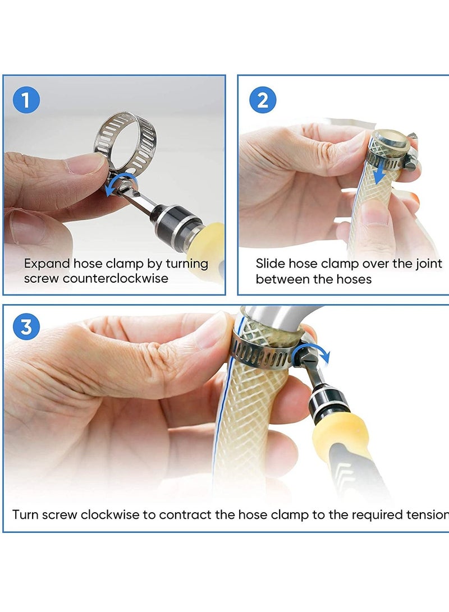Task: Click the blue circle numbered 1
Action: tap(26, 101)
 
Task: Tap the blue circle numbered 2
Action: tap(263, 101)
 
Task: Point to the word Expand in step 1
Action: tap(47, 264)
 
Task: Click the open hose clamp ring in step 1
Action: tap(125, 140)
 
